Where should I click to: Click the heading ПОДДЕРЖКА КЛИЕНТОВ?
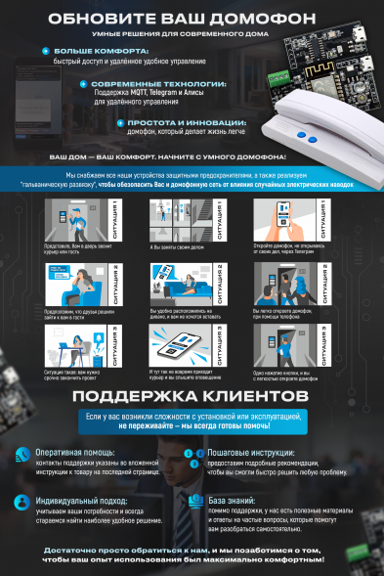pos(192,422)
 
